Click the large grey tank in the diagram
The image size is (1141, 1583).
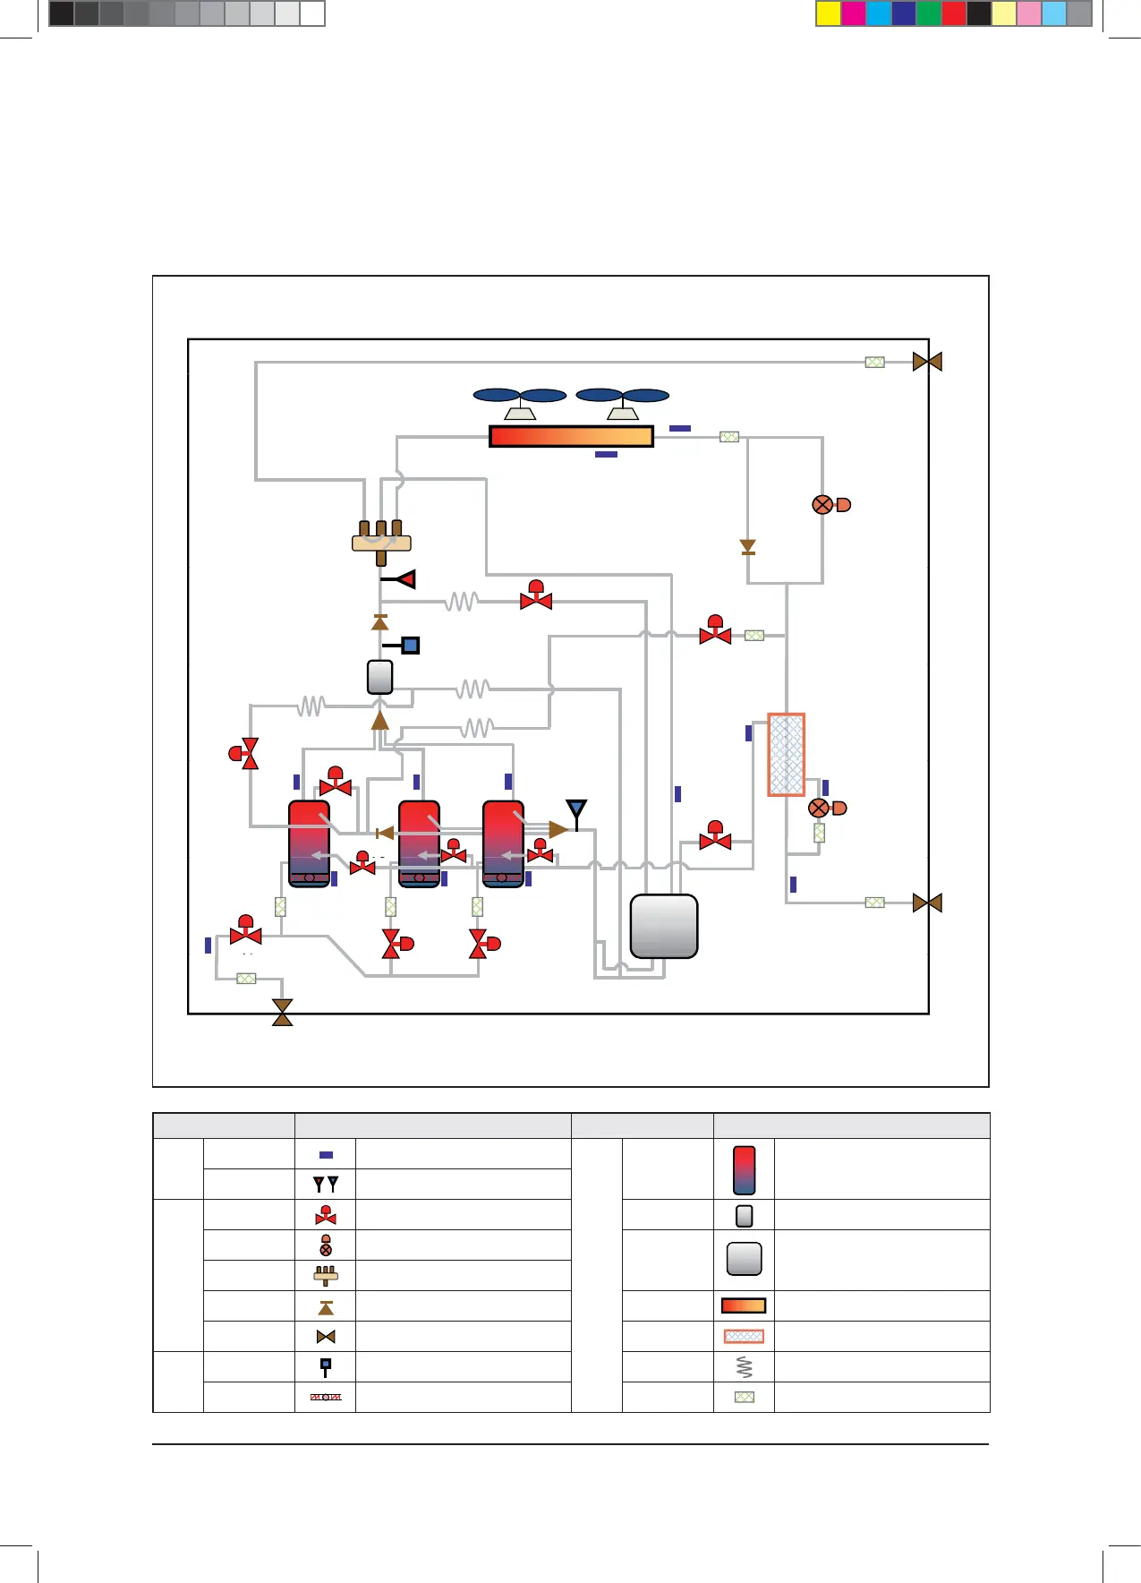click(664, 926)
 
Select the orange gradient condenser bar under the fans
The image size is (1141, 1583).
click(571, 436)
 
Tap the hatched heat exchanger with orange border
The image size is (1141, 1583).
click(786, 755)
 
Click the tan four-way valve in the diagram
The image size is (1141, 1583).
click(381, 541)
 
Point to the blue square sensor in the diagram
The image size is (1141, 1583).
click(410, 645)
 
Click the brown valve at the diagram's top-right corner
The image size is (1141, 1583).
click(927, 362)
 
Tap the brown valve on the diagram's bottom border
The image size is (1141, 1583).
click(282, 1013)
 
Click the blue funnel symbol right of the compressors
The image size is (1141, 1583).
click(576, 811)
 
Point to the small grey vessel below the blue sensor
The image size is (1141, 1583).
click(379, 677)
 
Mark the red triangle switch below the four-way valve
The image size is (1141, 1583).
click(406, 579)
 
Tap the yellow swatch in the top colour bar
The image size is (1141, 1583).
click(828, 13)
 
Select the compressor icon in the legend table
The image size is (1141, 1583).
click(744, 1170)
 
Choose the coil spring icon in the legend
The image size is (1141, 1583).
click(744, 1367)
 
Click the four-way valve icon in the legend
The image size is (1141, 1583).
click(326, 1275)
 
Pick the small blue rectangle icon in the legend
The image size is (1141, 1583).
click(326, 1155)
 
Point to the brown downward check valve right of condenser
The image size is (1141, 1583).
click(748, 546)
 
